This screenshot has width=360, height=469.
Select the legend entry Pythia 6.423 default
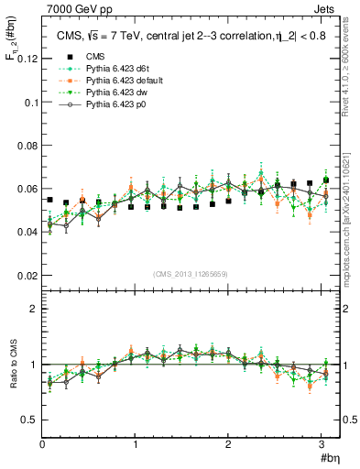pos(120,82)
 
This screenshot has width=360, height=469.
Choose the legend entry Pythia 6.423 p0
pos(113,104)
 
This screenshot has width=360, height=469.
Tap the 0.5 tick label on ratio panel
pos(27,420)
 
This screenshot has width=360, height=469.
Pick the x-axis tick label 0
pos(42,444)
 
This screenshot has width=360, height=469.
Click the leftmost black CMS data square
pos(50,200)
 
